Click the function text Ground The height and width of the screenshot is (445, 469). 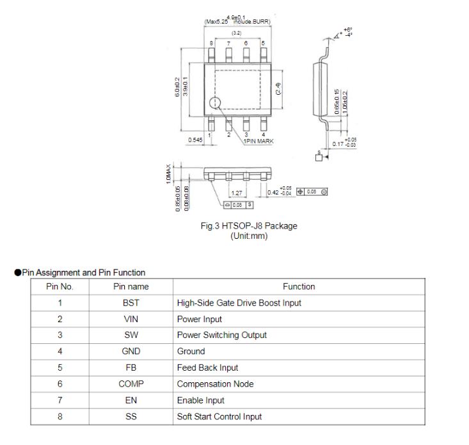191,351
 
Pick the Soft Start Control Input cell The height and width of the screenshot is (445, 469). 219,416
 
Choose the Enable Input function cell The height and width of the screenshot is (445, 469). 200,400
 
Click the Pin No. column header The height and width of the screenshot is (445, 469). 60,286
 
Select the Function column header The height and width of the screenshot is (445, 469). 299,286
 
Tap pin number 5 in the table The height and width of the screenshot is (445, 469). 60,368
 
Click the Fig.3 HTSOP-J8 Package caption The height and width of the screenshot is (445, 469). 249,225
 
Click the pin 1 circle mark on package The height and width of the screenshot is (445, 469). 215,102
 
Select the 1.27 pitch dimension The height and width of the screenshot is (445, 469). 237,193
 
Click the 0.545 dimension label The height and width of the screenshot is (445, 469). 196,139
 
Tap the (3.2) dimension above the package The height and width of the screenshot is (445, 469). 236,33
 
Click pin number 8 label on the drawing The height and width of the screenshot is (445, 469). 211,42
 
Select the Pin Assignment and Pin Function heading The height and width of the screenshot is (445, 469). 83,272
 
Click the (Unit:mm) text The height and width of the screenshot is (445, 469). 249,236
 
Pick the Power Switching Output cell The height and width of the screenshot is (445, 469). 221,335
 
